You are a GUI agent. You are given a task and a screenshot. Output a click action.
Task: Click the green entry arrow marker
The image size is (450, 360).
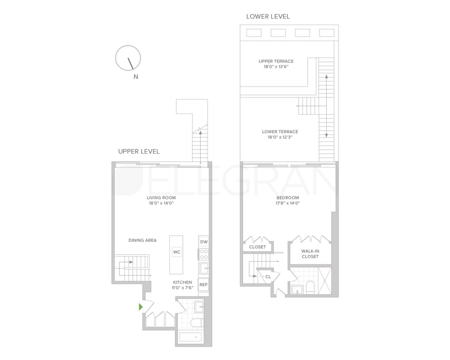pyautogui.click(x=141, y=307)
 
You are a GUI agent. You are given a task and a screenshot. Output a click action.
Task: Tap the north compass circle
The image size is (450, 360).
pyautogui.click(x=128, y=46)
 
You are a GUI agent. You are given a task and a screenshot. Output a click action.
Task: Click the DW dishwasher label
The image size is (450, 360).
pyautogui.click(x=204, y=242)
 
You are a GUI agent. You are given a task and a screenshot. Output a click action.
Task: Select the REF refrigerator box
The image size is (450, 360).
pyautogui.click(x=204, y=285)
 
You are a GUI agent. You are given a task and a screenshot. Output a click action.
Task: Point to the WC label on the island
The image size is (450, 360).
pyautogui.click(x=177, y=252)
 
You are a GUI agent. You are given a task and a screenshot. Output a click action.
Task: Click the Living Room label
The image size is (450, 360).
pyautogui.click(x=161, y=197)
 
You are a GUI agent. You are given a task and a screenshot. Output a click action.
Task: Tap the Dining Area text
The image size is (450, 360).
pyautogui.click(x=143, y=240)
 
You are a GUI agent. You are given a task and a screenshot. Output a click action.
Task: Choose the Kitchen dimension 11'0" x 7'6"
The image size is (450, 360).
pyautogui.click(x=182, y=287)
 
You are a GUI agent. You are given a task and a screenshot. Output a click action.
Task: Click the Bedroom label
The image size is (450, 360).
pyautogui.click(x=287, y=197)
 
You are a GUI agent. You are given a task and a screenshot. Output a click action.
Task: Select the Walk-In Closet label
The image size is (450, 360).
pyautogui.click(x=310, y=254)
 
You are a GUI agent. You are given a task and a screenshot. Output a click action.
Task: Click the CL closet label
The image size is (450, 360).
pyautogui.click(x=268, y=277)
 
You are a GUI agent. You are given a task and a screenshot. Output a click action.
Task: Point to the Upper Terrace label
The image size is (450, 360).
pyautogui.click(x=276, y=61)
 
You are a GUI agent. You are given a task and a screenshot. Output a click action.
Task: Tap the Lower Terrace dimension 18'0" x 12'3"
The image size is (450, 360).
pyautogui.click(x=280, y=137)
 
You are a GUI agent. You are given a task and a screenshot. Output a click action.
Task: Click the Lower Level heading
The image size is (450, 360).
pyautogui.click(x=268, y=17)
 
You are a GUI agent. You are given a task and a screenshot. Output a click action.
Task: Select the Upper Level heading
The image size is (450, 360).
pyautogui.click(x=139, y=151)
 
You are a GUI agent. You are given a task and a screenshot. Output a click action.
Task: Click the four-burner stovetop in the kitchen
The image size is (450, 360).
pyautogui.click(x=204, y=254)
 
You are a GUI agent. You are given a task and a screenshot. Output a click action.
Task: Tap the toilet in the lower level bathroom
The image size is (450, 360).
pyautogui.click(x=310, y=287)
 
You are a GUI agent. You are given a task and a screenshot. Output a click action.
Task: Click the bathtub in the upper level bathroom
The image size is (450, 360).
pyautogui.click(x=191, y=337)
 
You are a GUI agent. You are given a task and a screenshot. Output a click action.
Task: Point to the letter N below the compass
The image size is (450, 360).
pyautogui.click(x=136, y=76)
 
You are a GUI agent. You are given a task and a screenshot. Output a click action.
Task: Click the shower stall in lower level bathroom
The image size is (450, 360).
pyautogui.click(x=325, y=281)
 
